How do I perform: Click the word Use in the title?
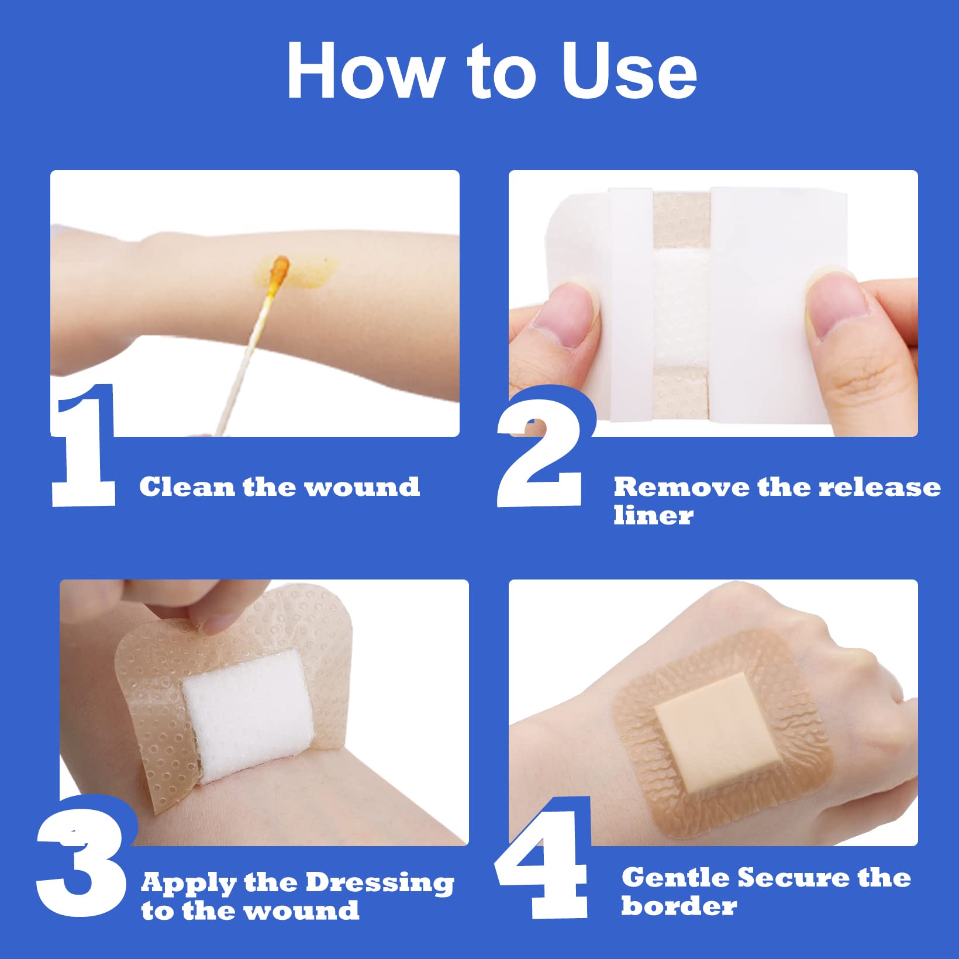click(x=629, y=71)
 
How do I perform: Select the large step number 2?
click(x=541, y=450)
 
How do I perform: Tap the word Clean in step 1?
click(x=187, y=487)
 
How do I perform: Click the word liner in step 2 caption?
click(x=653, y=516)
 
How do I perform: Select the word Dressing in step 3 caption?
click(x=380, y=883)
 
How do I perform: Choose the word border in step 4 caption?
click(x=679, y=906)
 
